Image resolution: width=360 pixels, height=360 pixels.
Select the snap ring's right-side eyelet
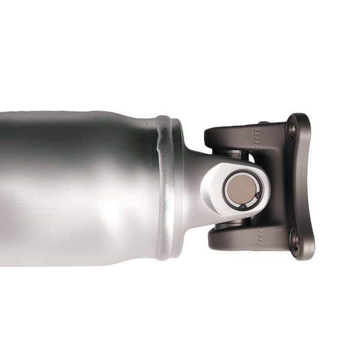(257, 195)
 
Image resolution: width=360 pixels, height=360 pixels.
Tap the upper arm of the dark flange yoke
(234, 137)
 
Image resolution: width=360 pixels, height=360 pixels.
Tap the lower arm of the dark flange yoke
(234, 240)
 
